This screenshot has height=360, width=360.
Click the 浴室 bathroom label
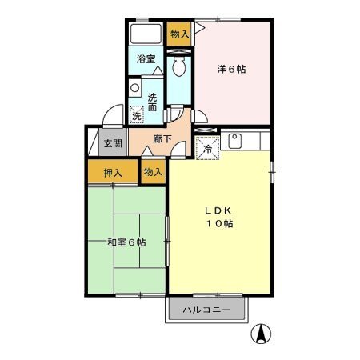(145, 59)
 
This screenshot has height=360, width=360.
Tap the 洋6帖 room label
(231, 69)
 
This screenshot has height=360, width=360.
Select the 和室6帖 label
(126, 242)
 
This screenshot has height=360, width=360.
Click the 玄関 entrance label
(113, 144)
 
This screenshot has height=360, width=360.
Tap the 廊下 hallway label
(151, 138)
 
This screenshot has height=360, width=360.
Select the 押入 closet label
(113, 172)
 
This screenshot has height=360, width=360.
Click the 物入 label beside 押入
(153, 171)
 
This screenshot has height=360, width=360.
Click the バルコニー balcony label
(206, 310)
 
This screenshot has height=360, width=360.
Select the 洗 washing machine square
(137, 115)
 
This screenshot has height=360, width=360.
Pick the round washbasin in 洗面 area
(135, 87)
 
